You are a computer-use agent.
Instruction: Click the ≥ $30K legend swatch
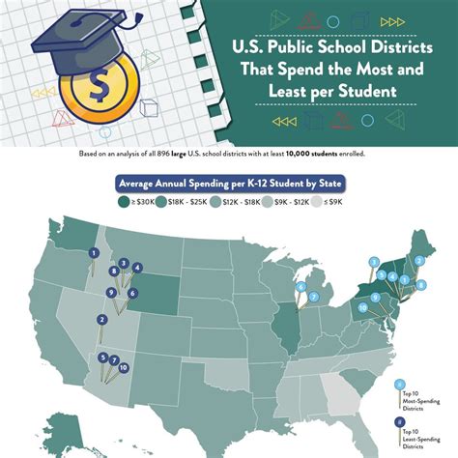[125, 202]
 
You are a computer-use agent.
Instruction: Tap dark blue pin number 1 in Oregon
[94, 253]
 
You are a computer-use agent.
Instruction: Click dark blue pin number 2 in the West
[101, 320]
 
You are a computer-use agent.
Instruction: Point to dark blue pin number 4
[138, 268]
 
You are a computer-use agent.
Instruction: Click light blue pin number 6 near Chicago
[301, 287]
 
